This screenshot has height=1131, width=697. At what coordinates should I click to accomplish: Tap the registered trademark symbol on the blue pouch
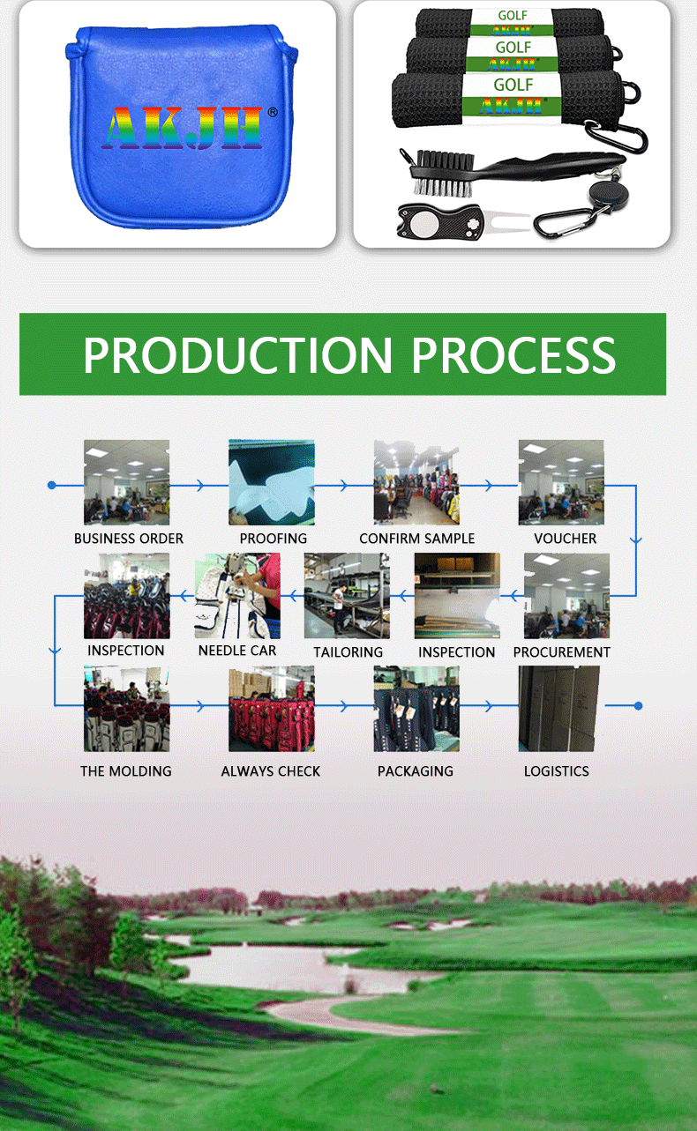click(273, 112)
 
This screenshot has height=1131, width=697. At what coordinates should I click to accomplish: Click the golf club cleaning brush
click(511, 172)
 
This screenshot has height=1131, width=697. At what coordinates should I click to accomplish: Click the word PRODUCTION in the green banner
click(237, 355)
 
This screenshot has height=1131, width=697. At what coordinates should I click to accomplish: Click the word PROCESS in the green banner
click(513, 355)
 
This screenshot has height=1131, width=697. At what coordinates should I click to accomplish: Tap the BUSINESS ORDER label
click(129, 539)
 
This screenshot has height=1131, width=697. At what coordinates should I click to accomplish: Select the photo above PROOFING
click(272, 482)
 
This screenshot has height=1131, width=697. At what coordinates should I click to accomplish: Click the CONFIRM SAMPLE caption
click(417, 539)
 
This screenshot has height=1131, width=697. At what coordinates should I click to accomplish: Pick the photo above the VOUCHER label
click(561, 482)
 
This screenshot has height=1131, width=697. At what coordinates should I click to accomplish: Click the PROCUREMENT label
click(561, 652)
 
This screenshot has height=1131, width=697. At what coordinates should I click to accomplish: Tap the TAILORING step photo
click(347, 596)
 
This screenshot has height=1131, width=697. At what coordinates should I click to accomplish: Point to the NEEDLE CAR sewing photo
click(237, 596)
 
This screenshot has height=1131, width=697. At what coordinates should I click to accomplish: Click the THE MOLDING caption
click(126, 771)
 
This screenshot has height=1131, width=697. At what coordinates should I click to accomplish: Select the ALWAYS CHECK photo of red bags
click(272, 709)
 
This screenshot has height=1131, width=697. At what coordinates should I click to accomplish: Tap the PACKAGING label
click(416, 771)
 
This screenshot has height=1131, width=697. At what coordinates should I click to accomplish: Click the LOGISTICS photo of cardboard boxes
click(559, 709)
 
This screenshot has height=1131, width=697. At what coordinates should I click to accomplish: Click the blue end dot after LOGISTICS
click(639, 706)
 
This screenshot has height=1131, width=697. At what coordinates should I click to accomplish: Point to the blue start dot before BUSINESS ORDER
click(51, 485)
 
